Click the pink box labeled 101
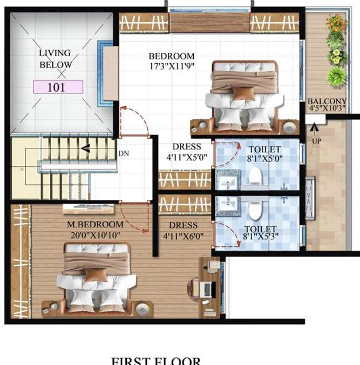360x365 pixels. [x=58, y=87]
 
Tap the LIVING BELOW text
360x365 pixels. [x=55, y=59]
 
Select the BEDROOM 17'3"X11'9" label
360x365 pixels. [x=172, y=60]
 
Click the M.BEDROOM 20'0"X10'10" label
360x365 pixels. [x=95, y=229]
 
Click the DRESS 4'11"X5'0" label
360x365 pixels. [x=186, y=151]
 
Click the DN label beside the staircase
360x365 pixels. [x=124, y=153]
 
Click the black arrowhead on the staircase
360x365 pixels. [x=85, y=148]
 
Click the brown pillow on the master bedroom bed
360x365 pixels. [x=96, y=275]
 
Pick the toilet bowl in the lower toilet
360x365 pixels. [x=253, y=207]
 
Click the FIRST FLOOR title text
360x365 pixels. [x=155, y=361]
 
